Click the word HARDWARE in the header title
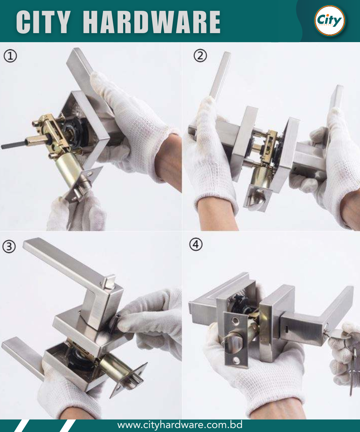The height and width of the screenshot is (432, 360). pos(152,22)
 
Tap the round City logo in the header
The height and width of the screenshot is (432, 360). pos(330,20)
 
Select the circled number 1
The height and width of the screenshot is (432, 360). pos(10,56)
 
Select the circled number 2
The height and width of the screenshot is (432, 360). pos(200,55)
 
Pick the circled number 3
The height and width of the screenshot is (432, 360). pos(9,246)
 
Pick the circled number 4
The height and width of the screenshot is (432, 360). pos(196,244)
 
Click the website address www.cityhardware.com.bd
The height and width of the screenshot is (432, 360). pos(180,425)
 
